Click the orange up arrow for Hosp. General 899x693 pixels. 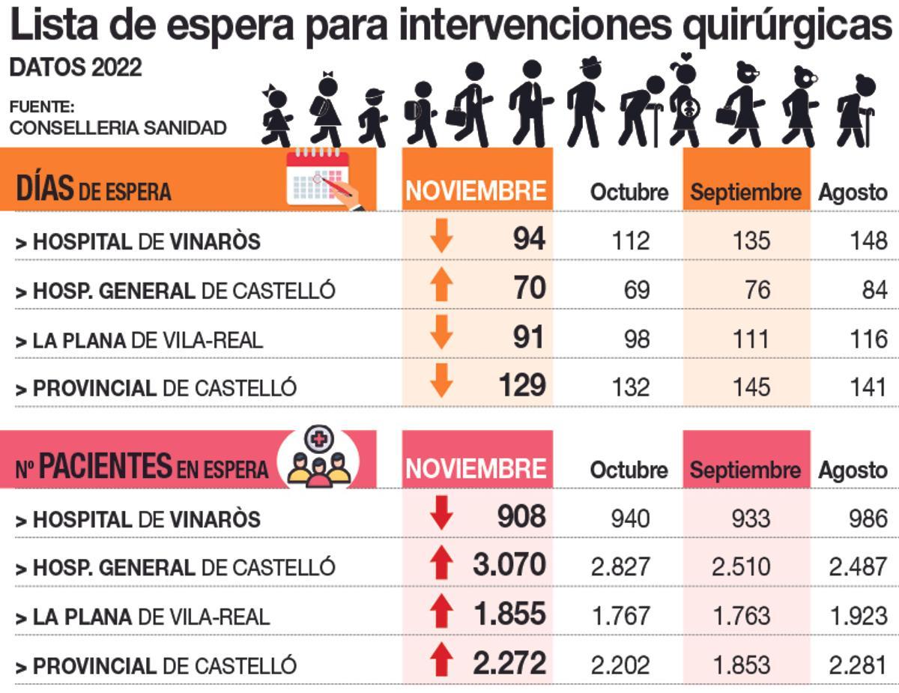[442, 288]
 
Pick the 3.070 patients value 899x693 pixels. [509, 565]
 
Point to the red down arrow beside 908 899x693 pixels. [442, 516]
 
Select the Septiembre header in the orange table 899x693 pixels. [745, 192]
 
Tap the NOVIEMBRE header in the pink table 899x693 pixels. [476, 469]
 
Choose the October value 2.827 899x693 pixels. [621, 566]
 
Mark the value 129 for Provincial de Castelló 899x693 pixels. [522, 386]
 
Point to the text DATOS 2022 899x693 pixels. [76, 67]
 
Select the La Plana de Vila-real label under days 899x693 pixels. [139, 340]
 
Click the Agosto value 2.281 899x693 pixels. [858, 665]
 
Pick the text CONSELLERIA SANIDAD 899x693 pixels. [118, 127]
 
